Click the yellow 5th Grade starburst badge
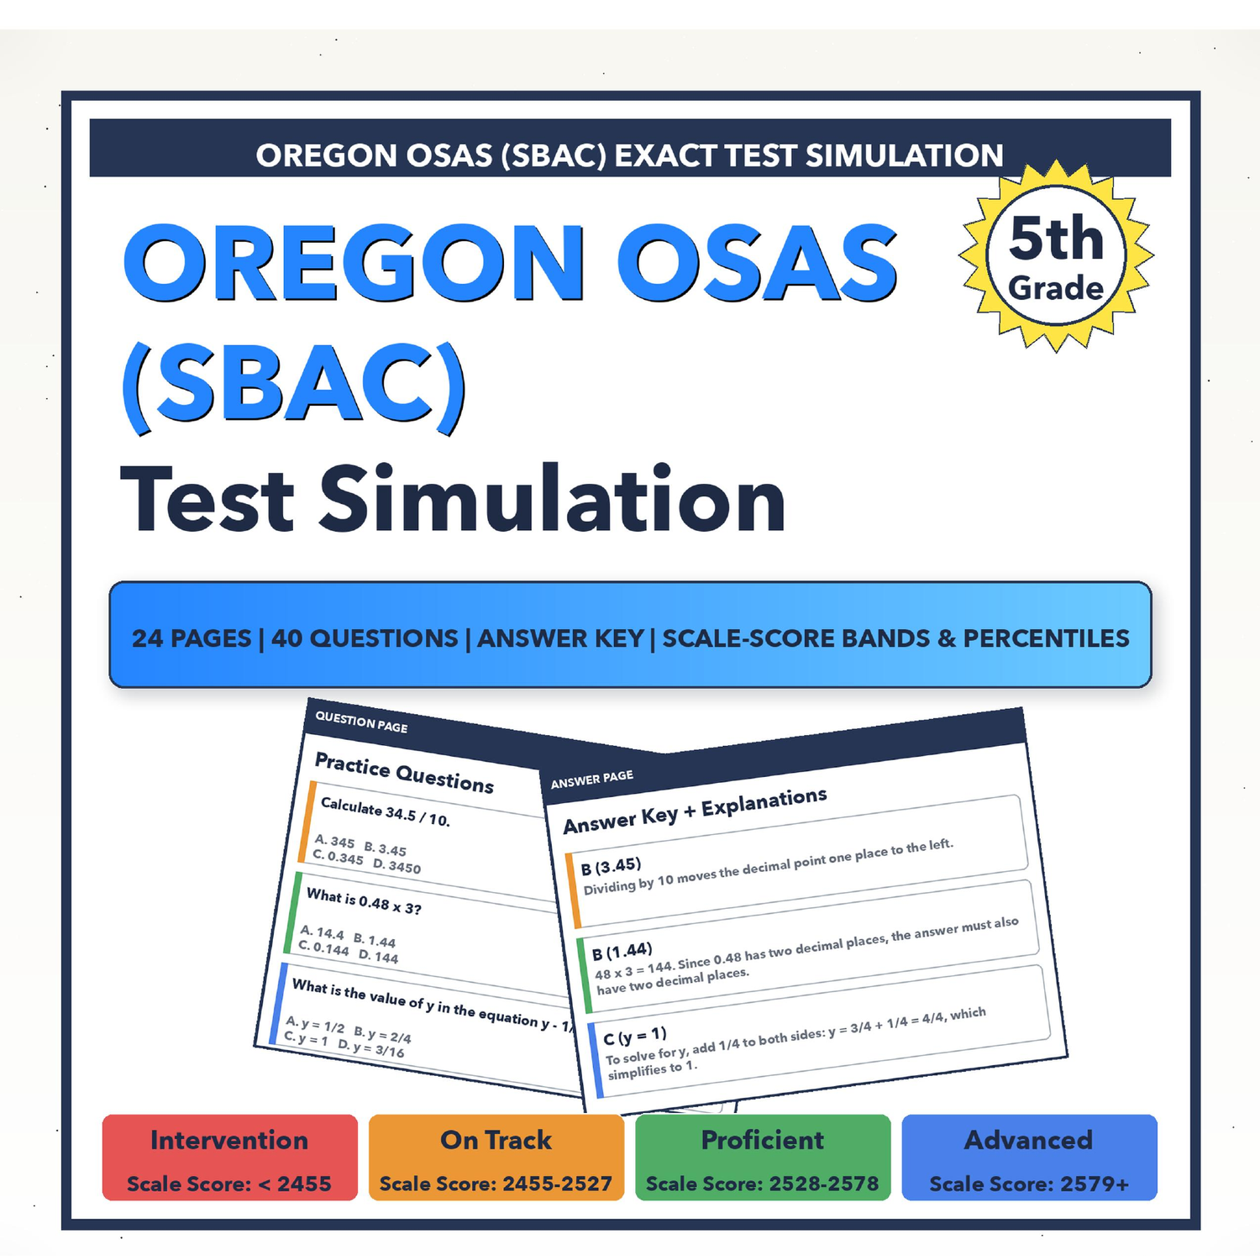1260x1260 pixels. click(1056, 256)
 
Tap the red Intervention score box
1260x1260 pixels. click(229, 1158)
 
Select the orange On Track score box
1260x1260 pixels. click(496, 1158)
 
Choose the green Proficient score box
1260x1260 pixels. click(762, 1158)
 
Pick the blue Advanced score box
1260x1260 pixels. click(1029, 1158)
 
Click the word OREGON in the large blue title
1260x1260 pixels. click(354, 263)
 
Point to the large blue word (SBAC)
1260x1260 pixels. click(293, 386)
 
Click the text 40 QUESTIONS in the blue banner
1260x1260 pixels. click(365, 638)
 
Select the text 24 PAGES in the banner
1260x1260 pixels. click(192, 638)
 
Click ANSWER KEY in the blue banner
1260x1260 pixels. click(560, 638)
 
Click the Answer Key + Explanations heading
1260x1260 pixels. click(695, 811)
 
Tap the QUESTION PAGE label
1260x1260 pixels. click(361, 722)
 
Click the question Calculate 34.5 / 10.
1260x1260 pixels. click(386, 811)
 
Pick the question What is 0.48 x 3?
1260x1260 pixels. click(364, 901)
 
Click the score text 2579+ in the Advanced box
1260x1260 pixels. click(1095, 1184)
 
